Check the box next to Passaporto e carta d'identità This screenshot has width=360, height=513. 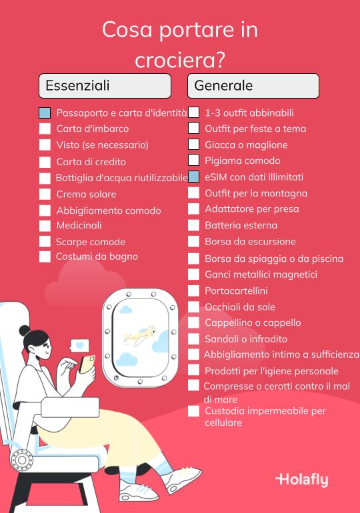pyautogui.click(x=45, y=113)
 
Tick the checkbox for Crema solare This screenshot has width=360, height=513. pyautogui.click(x=45, y=195)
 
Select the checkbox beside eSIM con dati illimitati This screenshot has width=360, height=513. pyautogui.click(x=193, y=177)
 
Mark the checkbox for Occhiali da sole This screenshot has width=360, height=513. pyautogui.click(x=193, y=307)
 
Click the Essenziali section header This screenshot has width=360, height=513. pyautogui.click(x=105, y=86)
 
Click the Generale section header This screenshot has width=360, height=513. pyautogui.click(x=253, y=86)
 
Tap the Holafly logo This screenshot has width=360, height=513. pyautogui.click(x=301, y=480)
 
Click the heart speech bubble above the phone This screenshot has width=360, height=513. pyautogui.click(x=80, y=346)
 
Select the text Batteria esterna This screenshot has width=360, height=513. pyautogui.click(x=241, y=225)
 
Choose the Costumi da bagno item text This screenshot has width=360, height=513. pyautogui.click(x=97, y=256)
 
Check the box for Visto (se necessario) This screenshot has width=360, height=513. pyautogui.click(x=45, y=145)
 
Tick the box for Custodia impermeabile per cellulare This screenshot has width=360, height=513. pyautogui.click(x=193, y=412)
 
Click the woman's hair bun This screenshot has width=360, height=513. pyautogui.click(x=25, y=331)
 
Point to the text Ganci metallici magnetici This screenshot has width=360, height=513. pyautogui.click(x=261, y=274)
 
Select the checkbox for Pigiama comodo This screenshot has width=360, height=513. pyautogui.click(x=193, y=161)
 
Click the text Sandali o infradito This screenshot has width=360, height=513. pyautogui.click(x=246, y=339)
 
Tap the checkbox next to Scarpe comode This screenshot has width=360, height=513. pyautogui.click(x=45, y=242)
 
